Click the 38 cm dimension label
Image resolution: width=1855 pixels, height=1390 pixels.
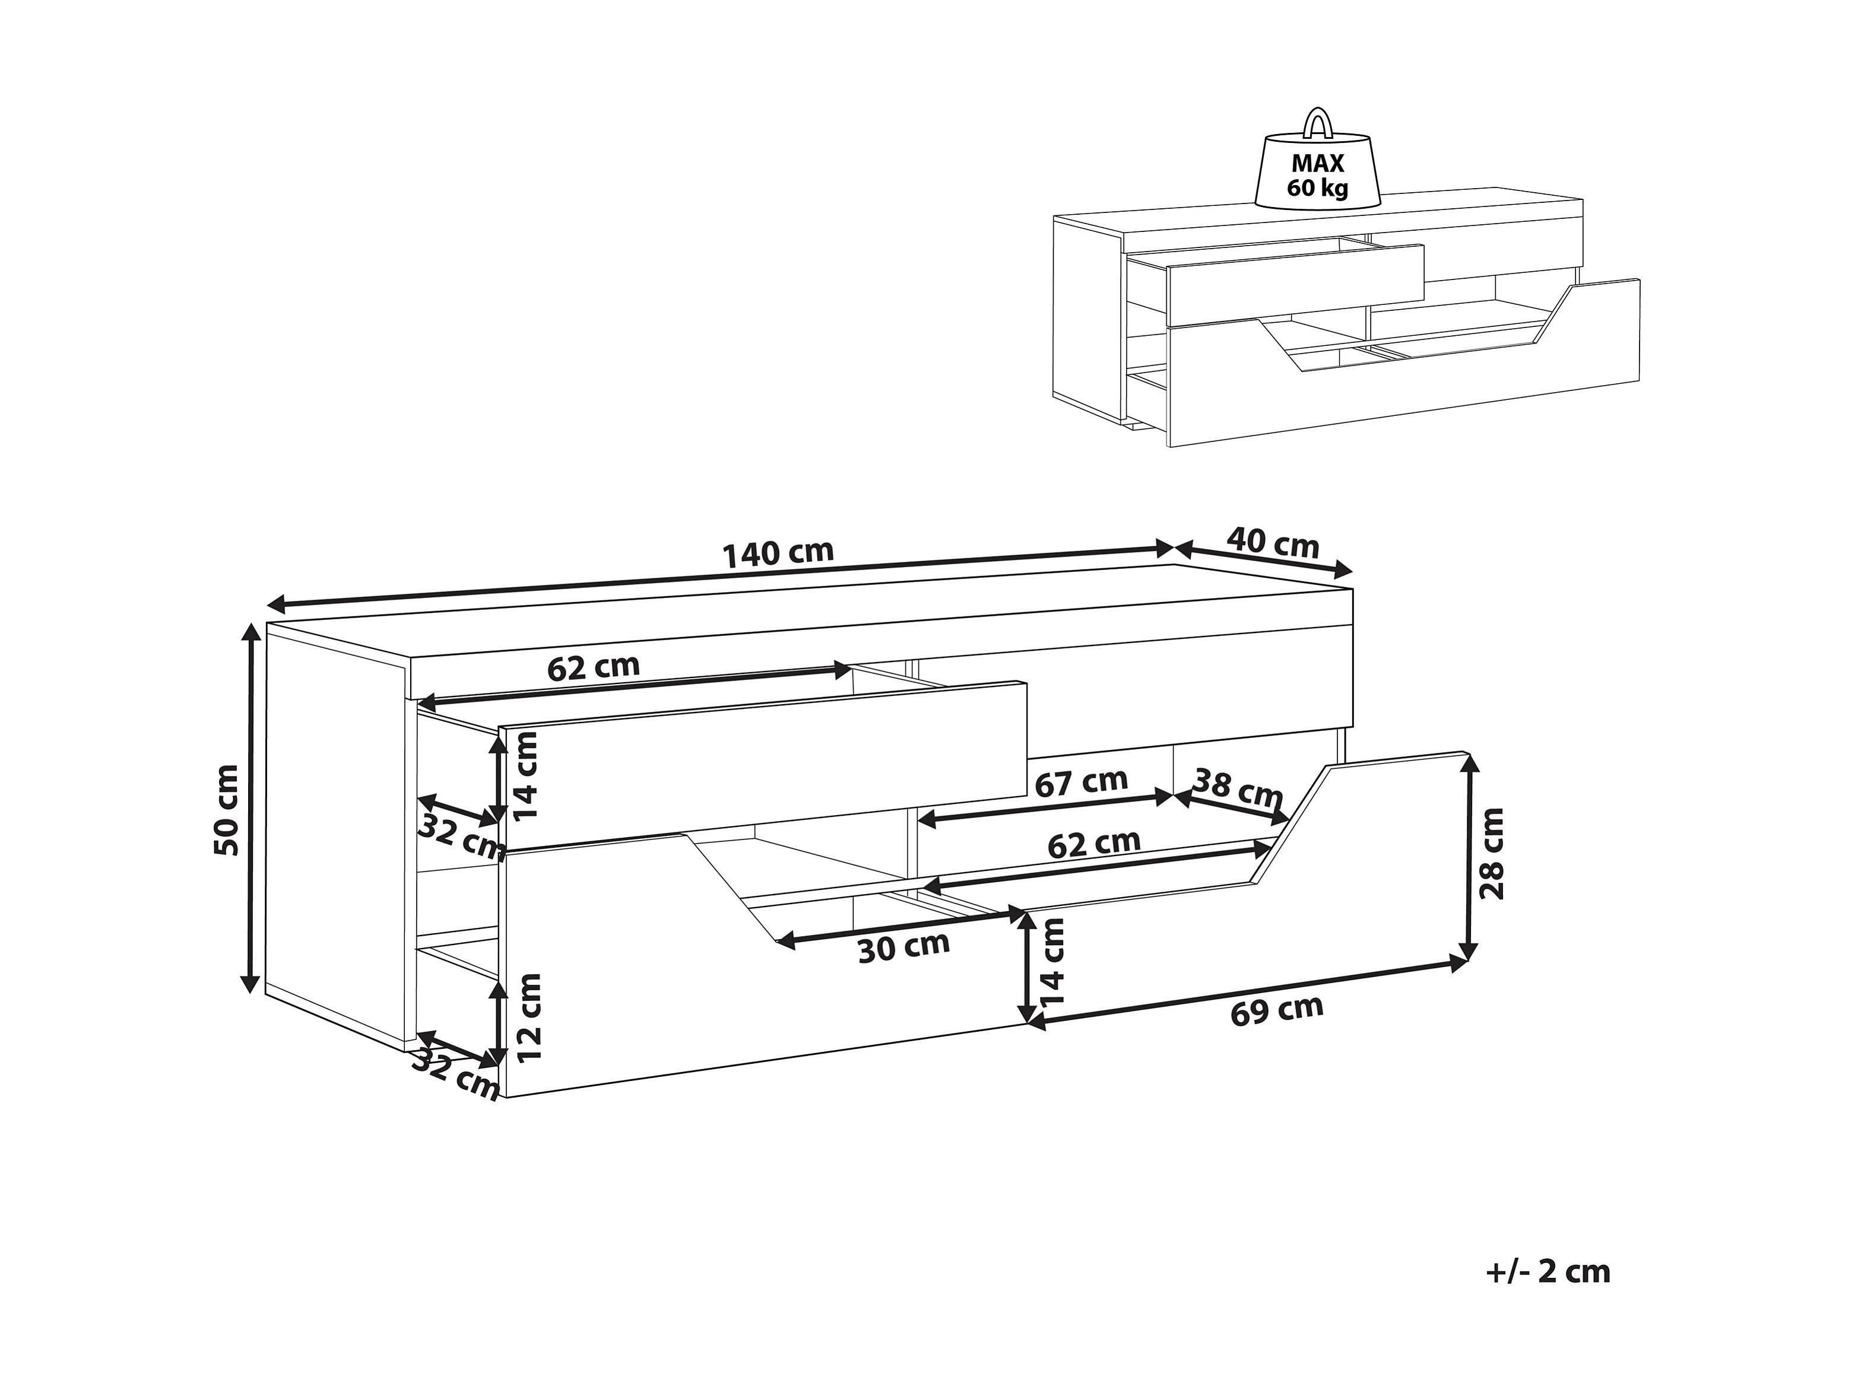click(x=1237, y=787)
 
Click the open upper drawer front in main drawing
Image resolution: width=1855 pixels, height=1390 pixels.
click(x=763, y=764)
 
